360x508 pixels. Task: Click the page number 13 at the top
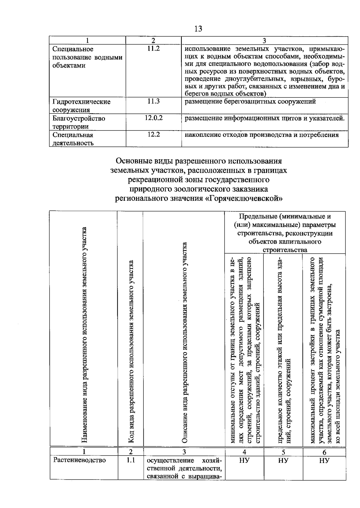click(x=198, y=29)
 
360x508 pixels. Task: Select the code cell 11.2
click(x=153, y=49)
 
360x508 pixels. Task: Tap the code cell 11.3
click(x=153, y=101)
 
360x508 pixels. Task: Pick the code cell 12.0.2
click(x=153, y=118)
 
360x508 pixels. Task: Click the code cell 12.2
click(x=153, y=135)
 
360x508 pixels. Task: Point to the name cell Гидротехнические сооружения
click(x=81, y=106)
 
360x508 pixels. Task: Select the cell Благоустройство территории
click(x=79, y=122)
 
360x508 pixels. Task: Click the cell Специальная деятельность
click(x=73, y=139)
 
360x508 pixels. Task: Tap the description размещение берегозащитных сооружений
click(x=250, y=101)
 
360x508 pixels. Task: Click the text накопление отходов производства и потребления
click(x=262, y=135)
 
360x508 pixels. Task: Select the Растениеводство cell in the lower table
click(x=79, y=460)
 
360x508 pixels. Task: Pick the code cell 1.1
click(x=130, y=460)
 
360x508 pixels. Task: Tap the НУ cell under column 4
click(x=244, y=460)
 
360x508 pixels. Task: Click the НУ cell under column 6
click(x=324, y=460)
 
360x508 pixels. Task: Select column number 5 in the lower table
click(x=283, y=452)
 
